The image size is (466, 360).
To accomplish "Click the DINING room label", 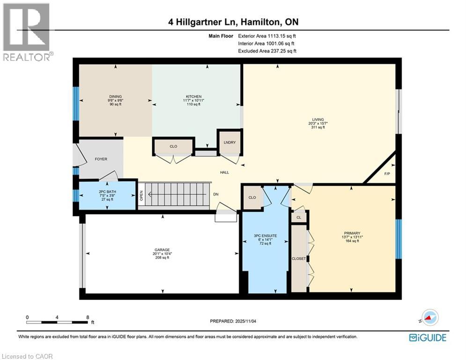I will [115, 97].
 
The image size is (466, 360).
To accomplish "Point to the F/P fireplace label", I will [387, 173].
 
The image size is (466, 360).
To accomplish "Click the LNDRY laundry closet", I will [229, 142].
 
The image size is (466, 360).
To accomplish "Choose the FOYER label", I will [101, 159].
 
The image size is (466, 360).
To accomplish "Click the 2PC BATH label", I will [107, 191].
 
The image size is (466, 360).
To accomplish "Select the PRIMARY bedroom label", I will [352, 232].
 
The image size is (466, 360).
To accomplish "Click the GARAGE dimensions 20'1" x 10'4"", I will [163, 254].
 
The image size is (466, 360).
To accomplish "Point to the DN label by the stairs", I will [215, 194].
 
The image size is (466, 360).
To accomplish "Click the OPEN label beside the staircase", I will [141, 195].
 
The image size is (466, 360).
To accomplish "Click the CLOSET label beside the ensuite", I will [299, 259].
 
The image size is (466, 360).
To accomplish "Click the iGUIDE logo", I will [427, 337].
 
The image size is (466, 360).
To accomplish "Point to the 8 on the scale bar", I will [88, 317].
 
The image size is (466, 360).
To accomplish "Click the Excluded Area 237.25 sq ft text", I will [267, 51].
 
